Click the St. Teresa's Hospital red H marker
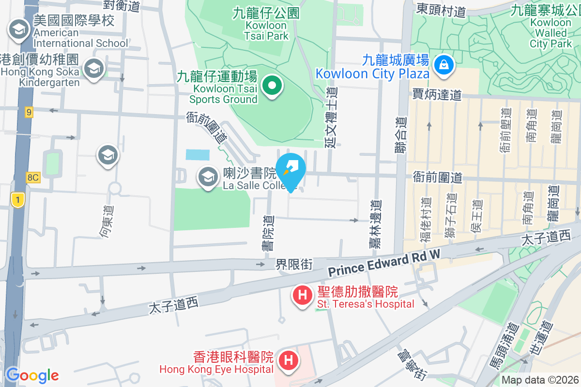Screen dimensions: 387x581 pyautogui.click(x=303, y=295)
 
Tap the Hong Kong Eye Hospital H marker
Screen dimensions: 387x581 pyautogui.click(x=289, y=360)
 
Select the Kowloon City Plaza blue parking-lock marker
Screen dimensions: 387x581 pyautogui.click(x=443, y=64)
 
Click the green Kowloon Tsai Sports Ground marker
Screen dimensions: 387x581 pyautogui.click(x=272, y=86)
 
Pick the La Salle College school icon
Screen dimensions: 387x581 pyautogui.click(x=208, y=177)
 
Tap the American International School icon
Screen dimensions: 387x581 pyautogui.click(x=18, y=30)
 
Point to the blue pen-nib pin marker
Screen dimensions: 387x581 pyautogui.click(x=290, y=169)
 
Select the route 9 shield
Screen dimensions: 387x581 pyautogui.click(x=29, y=113)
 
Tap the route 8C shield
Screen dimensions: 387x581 pyautogui.click(x=33, y=178)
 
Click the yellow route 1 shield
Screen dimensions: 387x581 pyautogui.click(x=17, y=199)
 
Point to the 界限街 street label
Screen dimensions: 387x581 pyautogui.click(x=294, y=265)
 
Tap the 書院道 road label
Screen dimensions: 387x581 pyautogui.click(x=268, y=233)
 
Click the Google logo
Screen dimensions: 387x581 pyautogui.click(x=32, y=375)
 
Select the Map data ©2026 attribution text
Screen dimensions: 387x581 pyautogui.click(x=540, y=380)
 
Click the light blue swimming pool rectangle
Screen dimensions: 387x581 pyautogui.click(x=198, y=155)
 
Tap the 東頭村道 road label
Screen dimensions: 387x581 pyautogui.click(x=441, y=10)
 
